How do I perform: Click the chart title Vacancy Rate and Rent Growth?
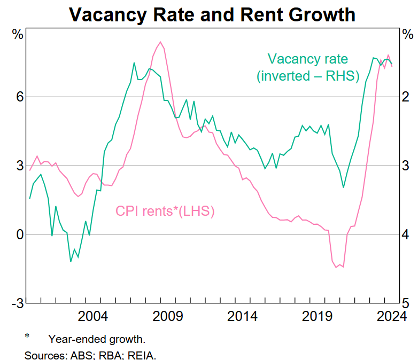point(212,14)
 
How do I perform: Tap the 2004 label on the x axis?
point(93,317)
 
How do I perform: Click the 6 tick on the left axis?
point(20,97)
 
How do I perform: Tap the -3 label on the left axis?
point(17,303)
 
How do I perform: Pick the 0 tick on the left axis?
point(20,234)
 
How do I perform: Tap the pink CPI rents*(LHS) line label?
point(165,211)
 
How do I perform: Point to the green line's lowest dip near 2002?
point(71,262)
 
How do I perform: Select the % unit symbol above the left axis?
point(18,35)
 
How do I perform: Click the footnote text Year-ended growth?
point(97,339)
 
